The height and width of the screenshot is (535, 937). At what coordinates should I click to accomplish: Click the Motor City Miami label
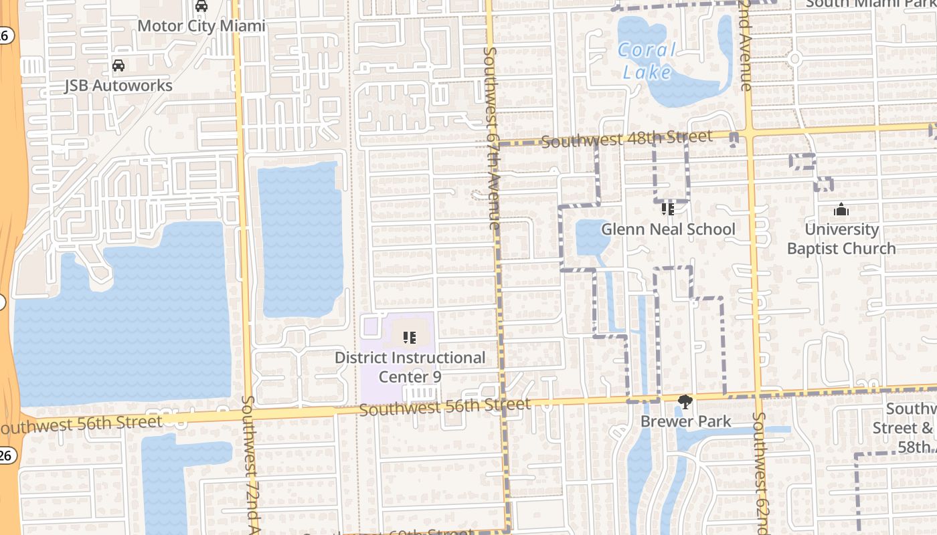(201, 26)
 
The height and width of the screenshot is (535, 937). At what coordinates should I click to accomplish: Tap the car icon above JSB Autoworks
(118, 66)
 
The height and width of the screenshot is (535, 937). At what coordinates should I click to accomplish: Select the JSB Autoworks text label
(118, 86)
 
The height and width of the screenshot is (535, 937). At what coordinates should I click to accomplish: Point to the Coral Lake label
(647, 61)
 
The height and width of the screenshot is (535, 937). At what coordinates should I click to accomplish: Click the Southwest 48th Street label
(627, 139)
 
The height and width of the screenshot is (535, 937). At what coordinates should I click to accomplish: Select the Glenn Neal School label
(668, 229)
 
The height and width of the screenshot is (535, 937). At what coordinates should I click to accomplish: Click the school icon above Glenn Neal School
(667, 209)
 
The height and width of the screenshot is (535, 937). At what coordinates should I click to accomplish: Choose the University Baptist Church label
(841, 239)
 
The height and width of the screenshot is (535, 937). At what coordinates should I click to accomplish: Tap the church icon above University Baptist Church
(841, 210)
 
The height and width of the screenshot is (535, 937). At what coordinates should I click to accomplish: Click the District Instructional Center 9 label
(410, 367)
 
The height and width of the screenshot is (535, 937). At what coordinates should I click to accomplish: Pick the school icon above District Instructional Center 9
(410, 338)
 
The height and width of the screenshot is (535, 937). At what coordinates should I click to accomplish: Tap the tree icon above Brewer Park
(685, 402)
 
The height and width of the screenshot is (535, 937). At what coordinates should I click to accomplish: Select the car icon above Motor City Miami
(201, 7)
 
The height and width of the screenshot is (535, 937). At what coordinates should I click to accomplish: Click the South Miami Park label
(871, 3)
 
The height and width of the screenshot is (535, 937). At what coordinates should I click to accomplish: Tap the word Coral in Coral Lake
(647, 50)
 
